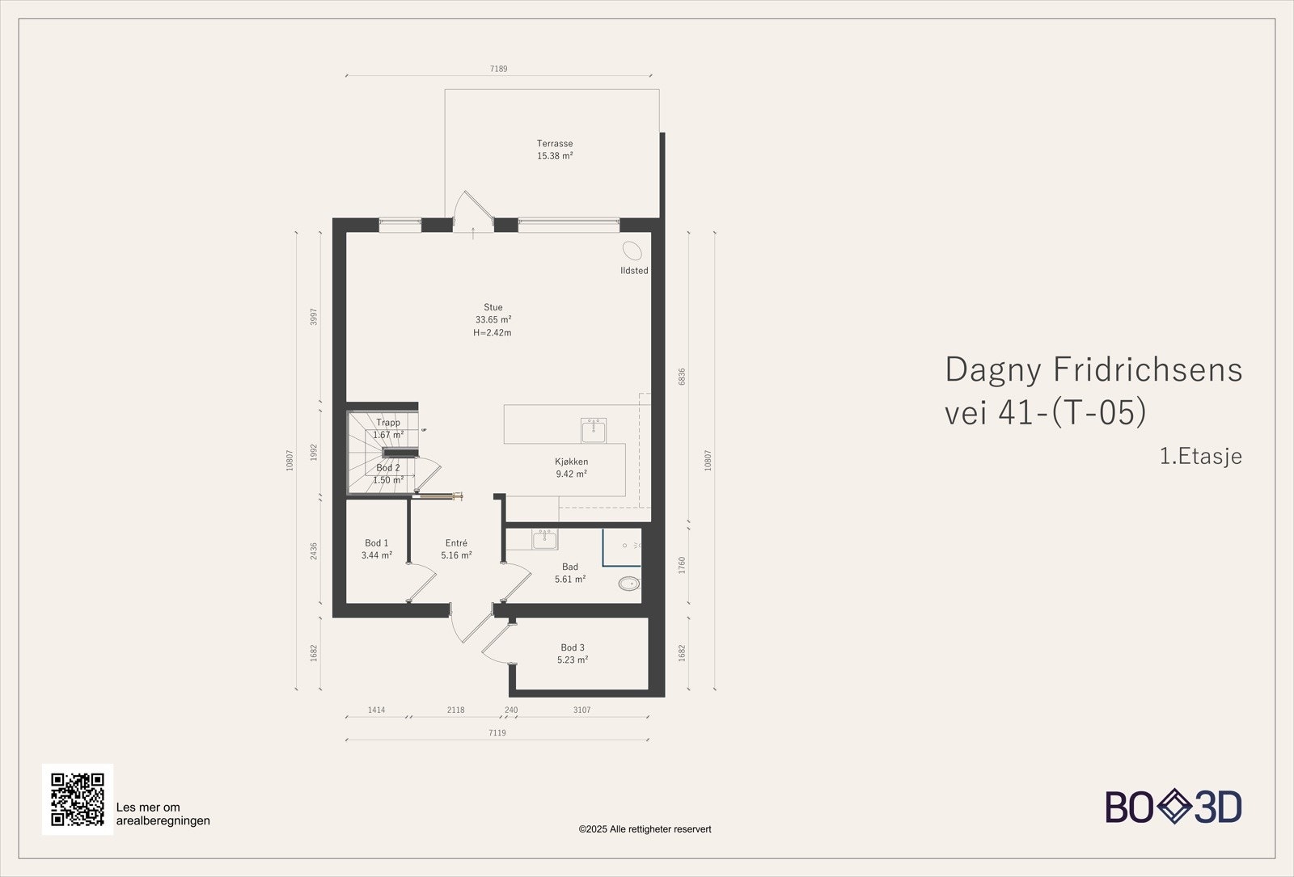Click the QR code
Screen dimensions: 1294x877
pyautogui.click(x=78, y=799)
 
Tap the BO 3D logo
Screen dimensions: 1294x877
pyautogui.click(x=1173, y=807)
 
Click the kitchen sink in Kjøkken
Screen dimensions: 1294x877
pyautogui.click(x=594, y=431)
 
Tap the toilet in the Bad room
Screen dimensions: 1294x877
pyautogui.click(x=629, y=583)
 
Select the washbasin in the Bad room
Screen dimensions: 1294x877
pyautogui.click(x=545, y=539)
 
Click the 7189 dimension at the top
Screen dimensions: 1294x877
pyautogui.click(x=498, y=69)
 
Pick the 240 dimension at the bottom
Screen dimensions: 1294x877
pyautogui.click(x=511, y=710)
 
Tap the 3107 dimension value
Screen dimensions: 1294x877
pyautogui.click(x=581, y=710)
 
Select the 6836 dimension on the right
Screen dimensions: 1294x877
pyautogui.click(x=682, y=377)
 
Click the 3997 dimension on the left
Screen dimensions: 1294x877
pyautogui.click(x=314, y=317)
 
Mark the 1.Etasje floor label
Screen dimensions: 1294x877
pyautogui.click(x=1201, y=456)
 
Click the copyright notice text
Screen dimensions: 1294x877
pyautogui.click(x=645, y=829)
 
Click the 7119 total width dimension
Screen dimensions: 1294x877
pyautogui.click(x=497, y=733)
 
